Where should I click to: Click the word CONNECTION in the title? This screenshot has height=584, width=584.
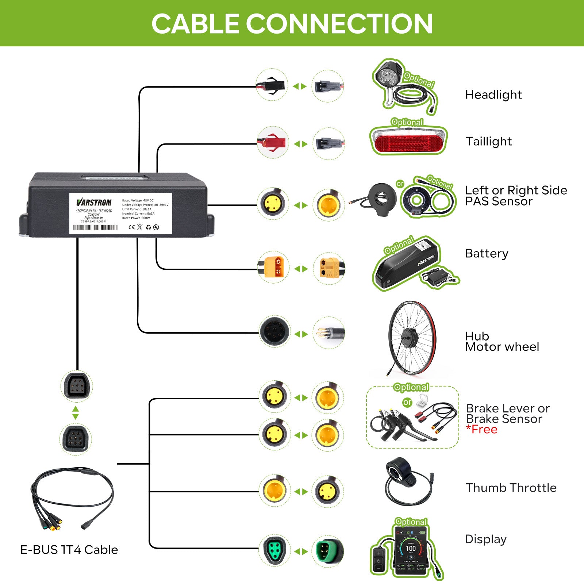[339, 24]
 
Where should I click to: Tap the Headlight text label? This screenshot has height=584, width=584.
[493, 95]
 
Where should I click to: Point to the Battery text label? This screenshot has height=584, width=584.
[486, 253]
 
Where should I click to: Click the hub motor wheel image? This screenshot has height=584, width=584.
[412, 338]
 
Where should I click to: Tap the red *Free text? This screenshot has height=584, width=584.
[481, 429]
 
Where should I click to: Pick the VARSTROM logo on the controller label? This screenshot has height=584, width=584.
[94, 202]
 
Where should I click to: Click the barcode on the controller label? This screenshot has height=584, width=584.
[95, 227]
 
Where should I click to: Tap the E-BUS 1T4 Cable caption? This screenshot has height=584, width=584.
[69, 550]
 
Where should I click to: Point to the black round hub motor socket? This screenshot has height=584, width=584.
[274, 331]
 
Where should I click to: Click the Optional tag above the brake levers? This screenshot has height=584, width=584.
[411, 387]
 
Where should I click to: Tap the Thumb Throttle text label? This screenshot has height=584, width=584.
[511, 488]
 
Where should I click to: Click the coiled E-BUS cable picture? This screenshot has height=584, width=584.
[71, 498]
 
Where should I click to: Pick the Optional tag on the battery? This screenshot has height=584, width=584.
[399, 245]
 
